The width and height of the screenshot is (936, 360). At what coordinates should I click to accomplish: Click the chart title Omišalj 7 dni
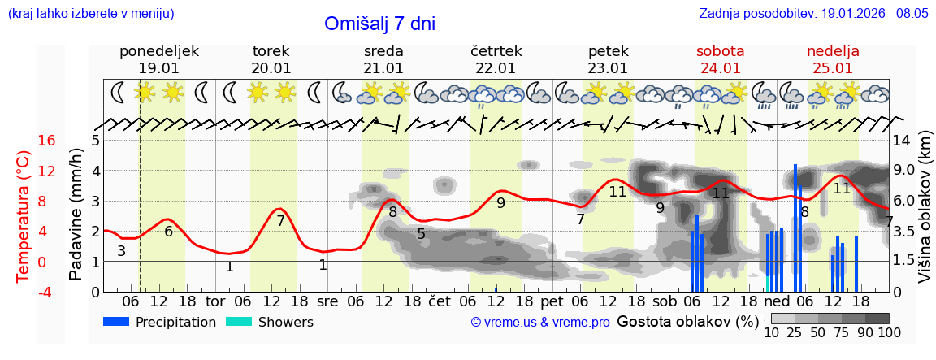[x=379, y=24]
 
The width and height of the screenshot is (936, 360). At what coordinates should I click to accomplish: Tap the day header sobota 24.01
[x=720, y=59]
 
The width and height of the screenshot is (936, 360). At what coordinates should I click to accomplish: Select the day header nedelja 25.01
[x=833, y=59]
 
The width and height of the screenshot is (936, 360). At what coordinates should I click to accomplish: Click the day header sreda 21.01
[x=383, y=59]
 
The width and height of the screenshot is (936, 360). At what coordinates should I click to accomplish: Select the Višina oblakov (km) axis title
[x=925, y=215]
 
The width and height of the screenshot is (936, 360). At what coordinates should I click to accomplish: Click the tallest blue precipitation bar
[x=795, y=228]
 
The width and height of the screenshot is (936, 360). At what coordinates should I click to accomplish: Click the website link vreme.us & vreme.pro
[x=540, y=323]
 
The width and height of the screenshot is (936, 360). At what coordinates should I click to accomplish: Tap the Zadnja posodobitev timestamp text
[x=813, y=14]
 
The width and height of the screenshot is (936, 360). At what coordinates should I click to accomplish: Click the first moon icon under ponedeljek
[x=119, y=93]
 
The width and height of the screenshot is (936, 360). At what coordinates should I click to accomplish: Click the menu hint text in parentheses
[x=90, y=14]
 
